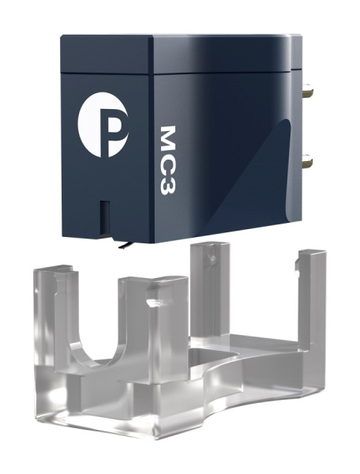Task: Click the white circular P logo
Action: pyautogui.click(x=103, y=125)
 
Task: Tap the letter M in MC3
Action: pyautogui.click(x=167, y=138)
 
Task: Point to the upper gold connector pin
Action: pyautogui.click(x=309, y=89)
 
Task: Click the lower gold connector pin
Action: pyautogui.click(x=307, y=160)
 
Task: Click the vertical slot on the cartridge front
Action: pyautogui.click(x=103, y=216)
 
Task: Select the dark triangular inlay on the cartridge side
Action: pyautogui.click(x=251, y=175)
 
